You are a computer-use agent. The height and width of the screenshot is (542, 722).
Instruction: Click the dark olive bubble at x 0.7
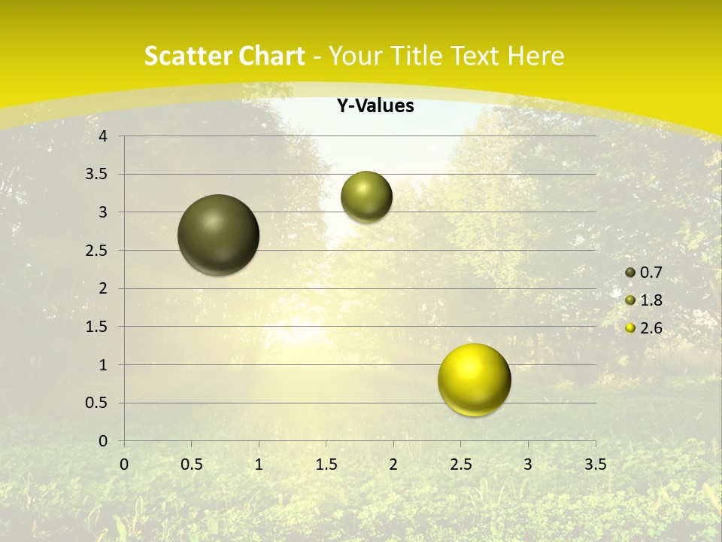219,235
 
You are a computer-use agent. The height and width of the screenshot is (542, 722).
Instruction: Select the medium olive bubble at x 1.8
366,196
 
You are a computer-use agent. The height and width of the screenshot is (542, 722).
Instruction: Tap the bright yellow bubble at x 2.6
474,379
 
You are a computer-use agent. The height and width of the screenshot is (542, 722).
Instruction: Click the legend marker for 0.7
630,273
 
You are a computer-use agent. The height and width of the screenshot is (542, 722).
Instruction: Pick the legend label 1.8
651,300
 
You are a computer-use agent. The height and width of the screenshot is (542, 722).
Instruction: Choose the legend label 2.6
651,328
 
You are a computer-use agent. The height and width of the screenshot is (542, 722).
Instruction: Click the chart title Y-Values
375,106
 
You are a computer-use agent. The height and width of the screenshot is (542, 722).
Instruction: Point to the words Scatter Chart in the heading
224,56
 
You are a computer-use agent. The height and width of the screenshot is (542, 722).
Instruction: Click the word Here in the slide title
536,56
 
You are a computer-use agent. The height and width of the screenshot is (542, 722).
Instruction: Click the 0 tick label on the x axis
124,464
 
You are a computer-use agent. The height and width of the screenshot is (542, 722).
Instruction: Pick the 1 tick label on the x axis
259,464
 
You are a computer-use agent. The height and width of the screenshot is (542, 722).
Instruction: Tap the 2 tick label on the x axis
393,464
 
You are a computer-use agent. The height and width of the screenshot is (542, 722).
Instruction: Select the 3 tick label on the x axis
528,464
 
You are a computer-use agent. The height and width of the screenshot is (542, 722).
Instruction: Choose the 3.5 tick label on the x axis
595,464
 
